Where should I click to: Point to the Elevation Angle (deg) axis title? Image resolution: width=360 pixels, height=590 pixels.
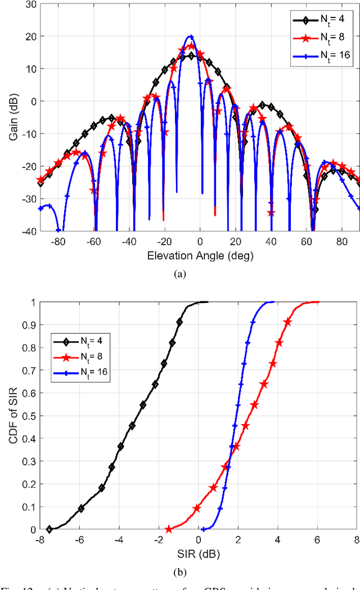point(200,256)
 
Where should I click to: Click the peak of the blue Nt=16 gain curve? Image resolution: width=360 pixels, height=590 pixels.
point(191,37)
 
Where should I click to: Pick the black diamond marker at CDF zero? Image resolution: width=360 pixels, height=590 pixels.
point(49,529)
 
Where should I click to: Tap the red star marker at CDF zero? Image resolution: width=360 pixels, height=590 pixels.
point(169,529)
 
